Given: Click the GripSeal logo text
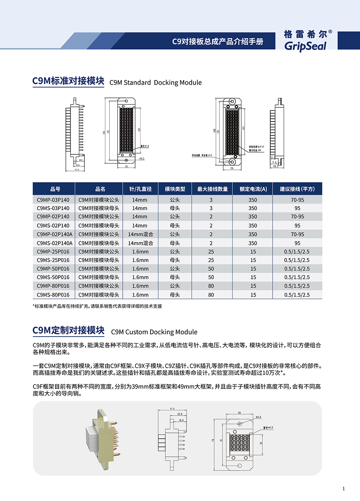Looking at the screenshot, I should [x=305, y=46].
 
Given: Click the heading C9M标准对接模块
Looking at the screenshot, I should [x=68, y=81].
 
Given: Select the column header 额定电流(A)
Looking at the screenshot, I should [x=253, y=189].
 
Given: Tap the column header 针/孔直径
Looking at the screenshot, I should [x=140, y=189].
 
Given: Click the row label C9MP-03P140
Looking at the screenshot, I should [x=53, y=200].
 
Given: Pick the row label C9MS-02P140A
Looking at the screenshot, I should [x=54, y=243].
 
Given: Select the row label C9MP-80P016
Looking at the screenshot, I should [x=53, y=286].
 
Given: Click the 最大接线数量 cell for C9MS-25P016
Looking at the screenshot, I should [x=211, y=260].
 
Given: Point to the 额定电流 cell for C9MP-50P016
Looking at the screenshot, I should [x=253, y=269].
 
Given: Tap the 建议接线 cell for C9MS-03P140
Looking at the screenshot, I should [x=297, y=208].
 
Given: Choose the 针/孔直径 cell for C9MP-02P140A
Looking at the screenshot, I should [x=140, y=234].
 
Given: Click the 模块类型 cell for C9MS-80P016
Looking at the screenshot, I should [x=175, y=295].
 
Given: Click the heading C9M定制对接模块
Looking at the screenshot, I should [x=68, y=330].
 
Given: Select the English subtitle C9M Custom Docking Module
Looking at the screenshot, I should [x=154, y=332].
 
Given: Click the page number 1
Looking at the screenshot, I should [x=343, y=489].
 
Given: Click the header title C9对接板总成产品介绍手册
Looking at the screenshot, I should [x=218, y=41].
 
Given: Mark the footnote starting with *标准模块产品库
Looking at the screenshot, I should [x=97, y=306].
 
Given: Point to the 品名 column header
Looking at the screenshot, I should [x=100, y=189].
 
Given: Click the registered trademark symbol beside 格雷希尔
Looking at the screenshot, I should [x=330, y=32].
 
